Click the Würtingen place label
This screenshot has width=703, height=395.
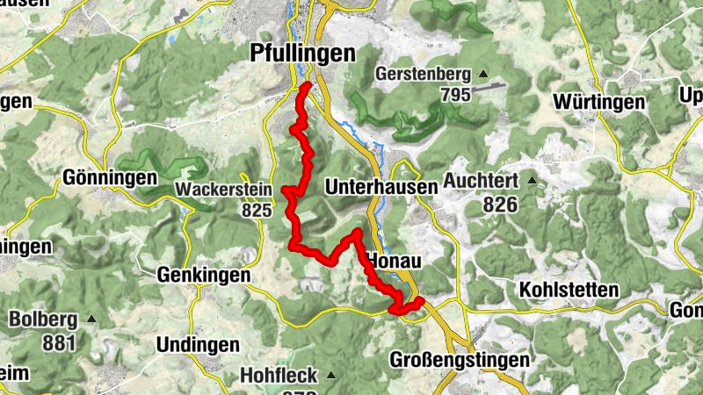click(598, 102)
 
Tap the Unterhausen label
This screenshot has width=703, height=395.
click(380, 187)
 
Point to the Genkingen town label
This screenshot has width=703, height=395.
click(203, 275)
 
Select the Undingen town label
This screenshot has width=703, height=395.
click(199, 343)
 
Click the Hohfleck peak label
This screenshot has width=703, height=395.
click(279, 376)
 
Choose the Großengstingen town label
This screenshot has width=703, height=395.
click(460, 360)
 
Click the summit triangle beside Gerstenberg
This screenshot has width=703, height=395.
click(482, 74)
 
